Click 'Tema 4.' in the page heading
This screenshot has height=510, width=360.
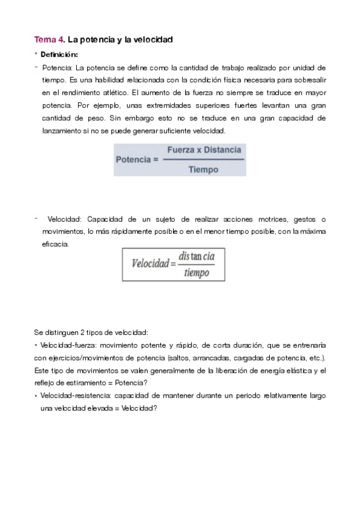tap(49, 40)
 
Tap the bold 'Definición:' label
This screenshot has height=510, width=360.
tap(60, 55)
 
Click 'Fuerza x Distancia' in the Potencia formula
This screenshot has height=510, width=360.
tap(204, 150)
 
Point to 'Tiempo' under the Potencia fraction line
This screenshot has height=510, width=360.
tap(204, 170)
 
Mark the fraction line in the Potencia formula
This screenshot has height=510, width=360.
tap(204, 160)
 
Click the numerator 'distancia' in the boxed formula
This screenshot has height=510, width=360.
tap(197, 256)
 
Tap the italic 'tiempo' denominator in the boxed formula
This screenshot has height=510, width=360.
tap(197, 272)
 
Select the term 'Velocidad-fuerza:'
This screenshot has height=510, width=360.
tap(65, 346)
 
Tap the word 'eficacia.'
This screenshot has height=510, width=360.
tap(55, 244)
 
